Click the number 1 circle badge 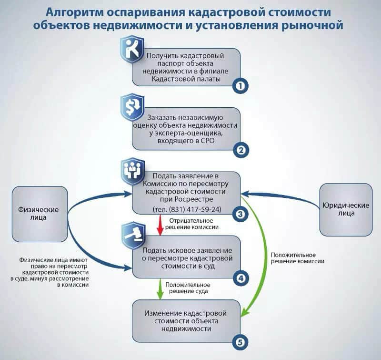(x=241, y=86)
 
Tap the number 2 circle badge (x=241, y=150)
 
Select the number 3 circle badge (x=241, y=214)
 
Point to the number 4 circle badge (x=241, y=278)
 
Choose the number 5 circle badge (x=241, y=342)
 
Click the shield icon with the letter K (x=132, y=49)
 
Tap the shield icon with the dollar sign (x=132, y=107)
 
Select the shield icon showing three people (x=133, y=171)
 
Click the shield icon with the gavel (x=133, y=235)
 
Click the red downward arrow (x=160, y=225)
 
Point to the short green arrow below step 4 (x=160, y=289)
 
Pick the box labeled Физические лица (x=40, y=214)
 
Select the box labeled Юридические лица (x=346, y=209)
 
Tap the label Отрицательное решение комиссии (x=191, y=224)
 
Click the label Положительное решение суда (x=188, y=288)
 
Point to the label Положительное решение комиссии (x=297, y=258)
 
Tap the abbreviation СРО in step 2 (x=208, y=141)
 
